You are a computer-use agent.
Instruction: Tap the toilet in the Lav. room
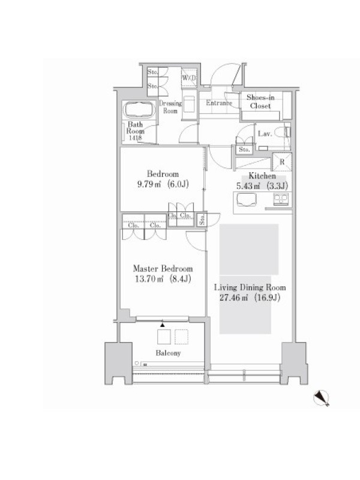282,133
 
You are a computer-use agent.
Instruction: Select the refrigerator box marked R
282,161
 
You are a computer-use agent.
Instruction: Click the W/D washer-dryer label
189,78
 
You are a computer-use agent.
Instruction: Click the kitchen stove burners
281,199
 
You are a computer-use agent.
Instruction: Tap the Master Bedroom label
163,269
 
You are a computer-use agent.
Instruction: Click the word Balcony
168,353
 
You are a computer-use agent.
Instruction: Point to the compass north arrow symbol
321,398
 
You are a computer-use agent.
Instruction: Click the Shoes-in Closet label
260,101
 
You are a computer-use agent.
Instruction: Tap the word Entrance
219,103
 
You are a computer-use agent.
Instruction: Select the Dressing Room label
170,107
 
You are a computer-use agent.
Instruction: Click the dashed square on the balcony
181,337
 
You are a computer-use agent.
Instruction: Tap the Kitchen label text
262,176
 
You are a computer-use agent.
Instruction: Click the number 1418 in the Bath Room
136,138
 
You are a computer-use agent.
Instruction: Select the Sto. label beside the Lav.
244,149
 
